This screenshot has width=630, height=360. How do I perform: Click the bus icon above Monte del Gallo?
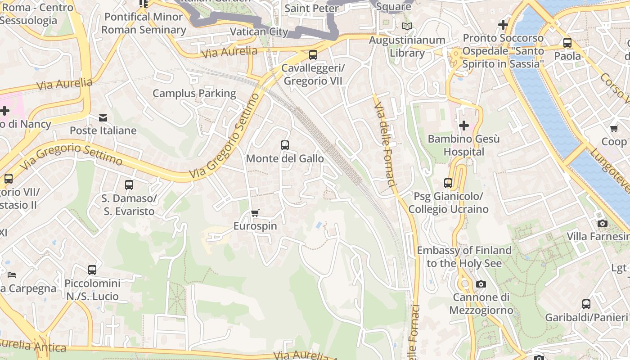click(x=284, y=145)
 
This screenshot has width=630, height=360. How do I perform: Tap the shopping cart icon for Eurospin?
click(x=255, y=213)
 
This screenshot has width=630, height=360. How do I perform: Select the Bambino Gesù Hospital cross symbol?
click(x=463, y=125)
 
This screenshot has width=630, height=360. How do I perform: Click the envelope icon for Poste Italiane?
click(x=103, y=118)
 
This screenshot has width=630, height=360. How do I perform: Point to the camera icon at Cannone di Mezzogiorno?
click(x=481, y=284)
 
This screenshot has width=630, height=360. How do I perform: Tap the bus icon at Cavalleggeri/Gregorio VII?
click(x=313, y=55)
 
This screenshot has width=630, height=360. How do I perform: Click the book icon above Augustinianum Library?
click(x=407, y=27)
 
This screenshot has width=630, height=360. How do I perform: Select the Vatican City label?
click(x=259, y=31)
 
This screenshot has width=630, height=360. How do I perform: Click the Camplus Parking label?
click(x=194, y=94)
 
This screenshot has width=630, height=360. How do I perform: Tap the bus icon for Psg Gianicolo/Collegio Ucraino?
click(x=448, y=183)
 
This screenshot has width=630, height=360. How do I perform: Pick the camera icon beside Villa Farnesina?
click(x=602, y=223)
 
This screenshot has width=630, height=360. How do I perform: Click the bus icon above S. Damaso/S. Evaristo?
click(x=129, y=184)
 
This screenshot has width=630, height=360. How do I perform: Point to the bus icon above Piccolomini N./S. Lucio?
click(x=92, y=270)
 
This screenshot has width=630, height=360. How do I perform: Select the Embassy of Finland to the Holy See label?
click(x=464, y=256)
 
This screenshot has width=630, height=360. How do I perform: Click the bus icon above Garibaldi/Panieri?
click(x=586, y=304)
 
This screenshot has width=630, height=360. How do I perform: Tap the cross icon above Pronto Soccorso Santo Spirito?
click(x=503, y=24)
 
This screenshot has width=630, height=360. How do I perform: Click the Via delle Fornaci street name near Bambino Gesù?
click(x=385, y=144)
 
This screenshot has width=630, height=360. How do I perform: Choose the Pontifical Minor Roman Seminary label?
click(x=144, y=23)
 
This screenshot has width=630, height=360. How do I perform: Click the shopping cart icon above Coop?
click(x=614, y=129)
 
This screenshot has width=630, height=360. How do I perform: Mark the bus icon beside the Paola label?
click(x=567, y=43)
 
